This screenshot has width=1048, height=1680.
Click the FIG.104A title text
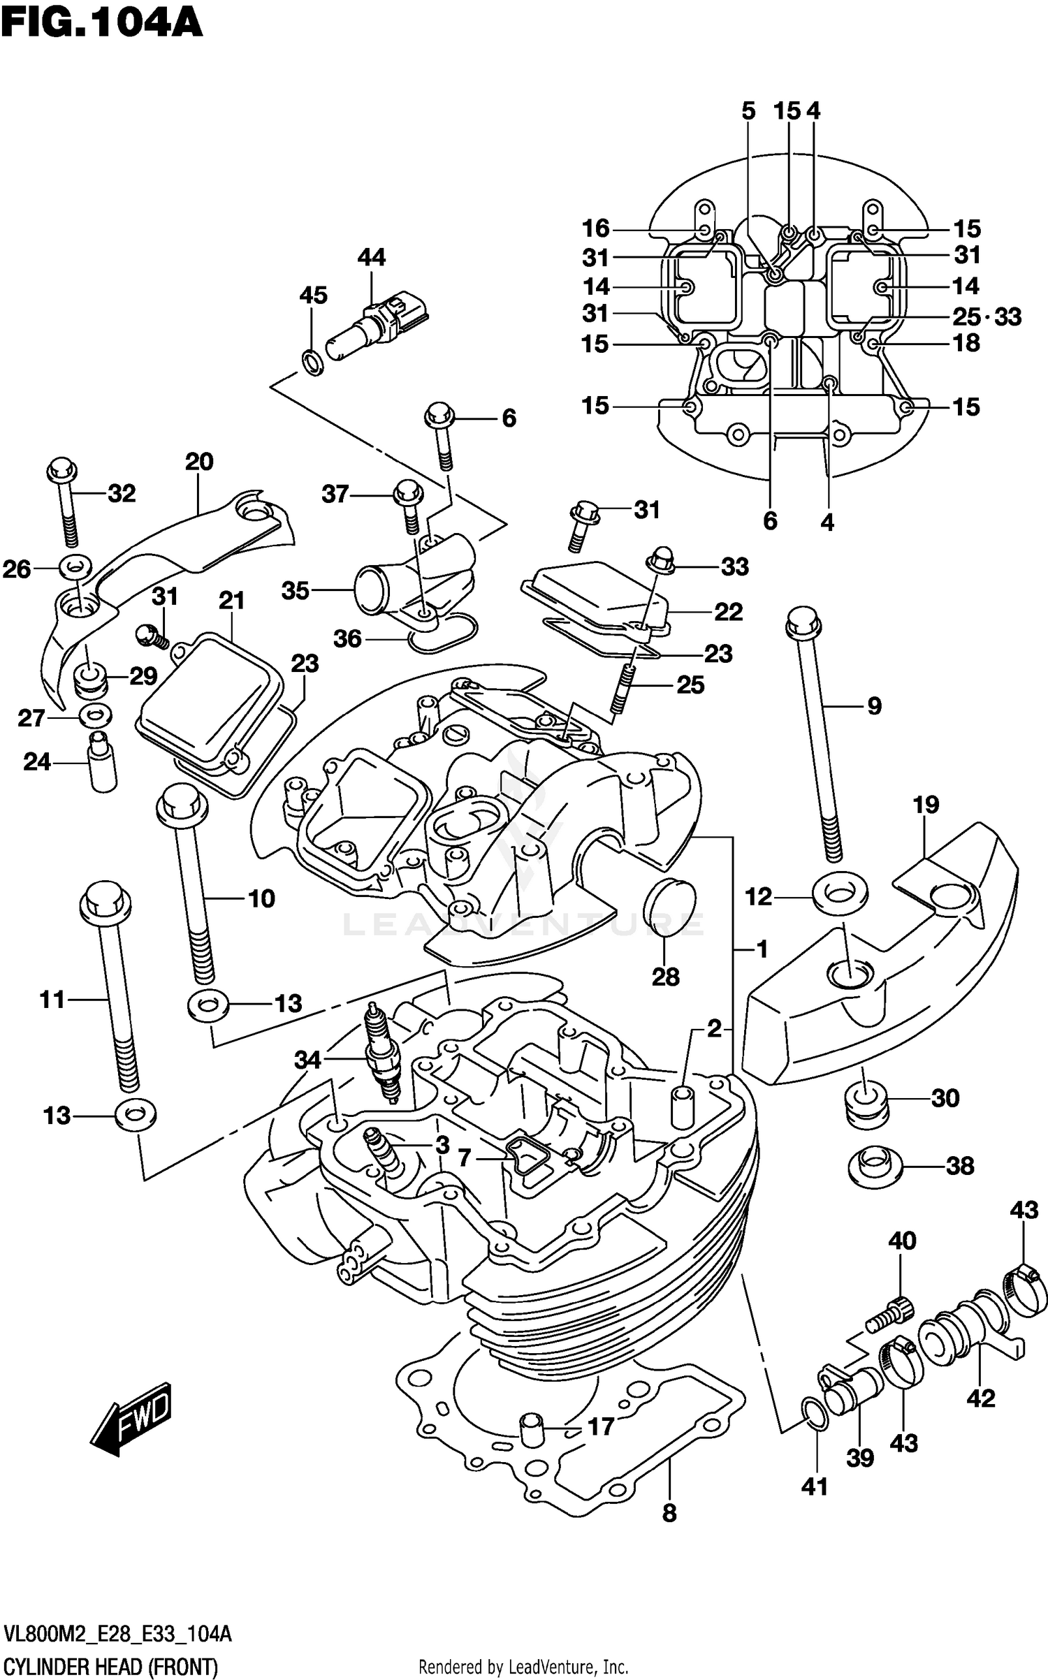101,24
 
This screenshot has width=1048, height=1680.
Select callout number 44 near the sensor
371,258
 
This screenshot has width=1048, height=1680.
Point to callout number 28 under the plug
665,977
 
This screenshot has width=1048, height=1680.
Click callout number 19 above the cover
926,805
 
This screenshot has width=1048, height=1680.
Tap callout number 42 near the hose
980,1398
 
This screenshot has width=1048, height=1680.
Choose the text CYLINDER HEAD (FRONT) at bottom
111,1667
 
